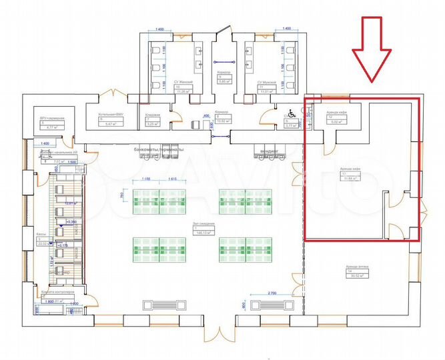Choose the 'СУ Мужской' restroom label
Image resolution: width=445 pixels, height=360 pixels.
tap(268, 81)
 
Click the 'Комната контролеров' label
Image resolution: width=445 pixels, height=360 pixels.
tap(57, 293)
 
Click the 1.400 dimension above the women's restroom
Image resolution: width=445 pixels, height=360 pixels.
tap(159, 30)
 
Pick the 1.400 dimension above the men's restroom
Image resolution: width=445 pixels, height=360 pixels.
tap(286, 30)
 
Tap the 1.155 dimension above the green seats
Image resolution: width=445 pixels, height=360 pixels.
tap(147, 181)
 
